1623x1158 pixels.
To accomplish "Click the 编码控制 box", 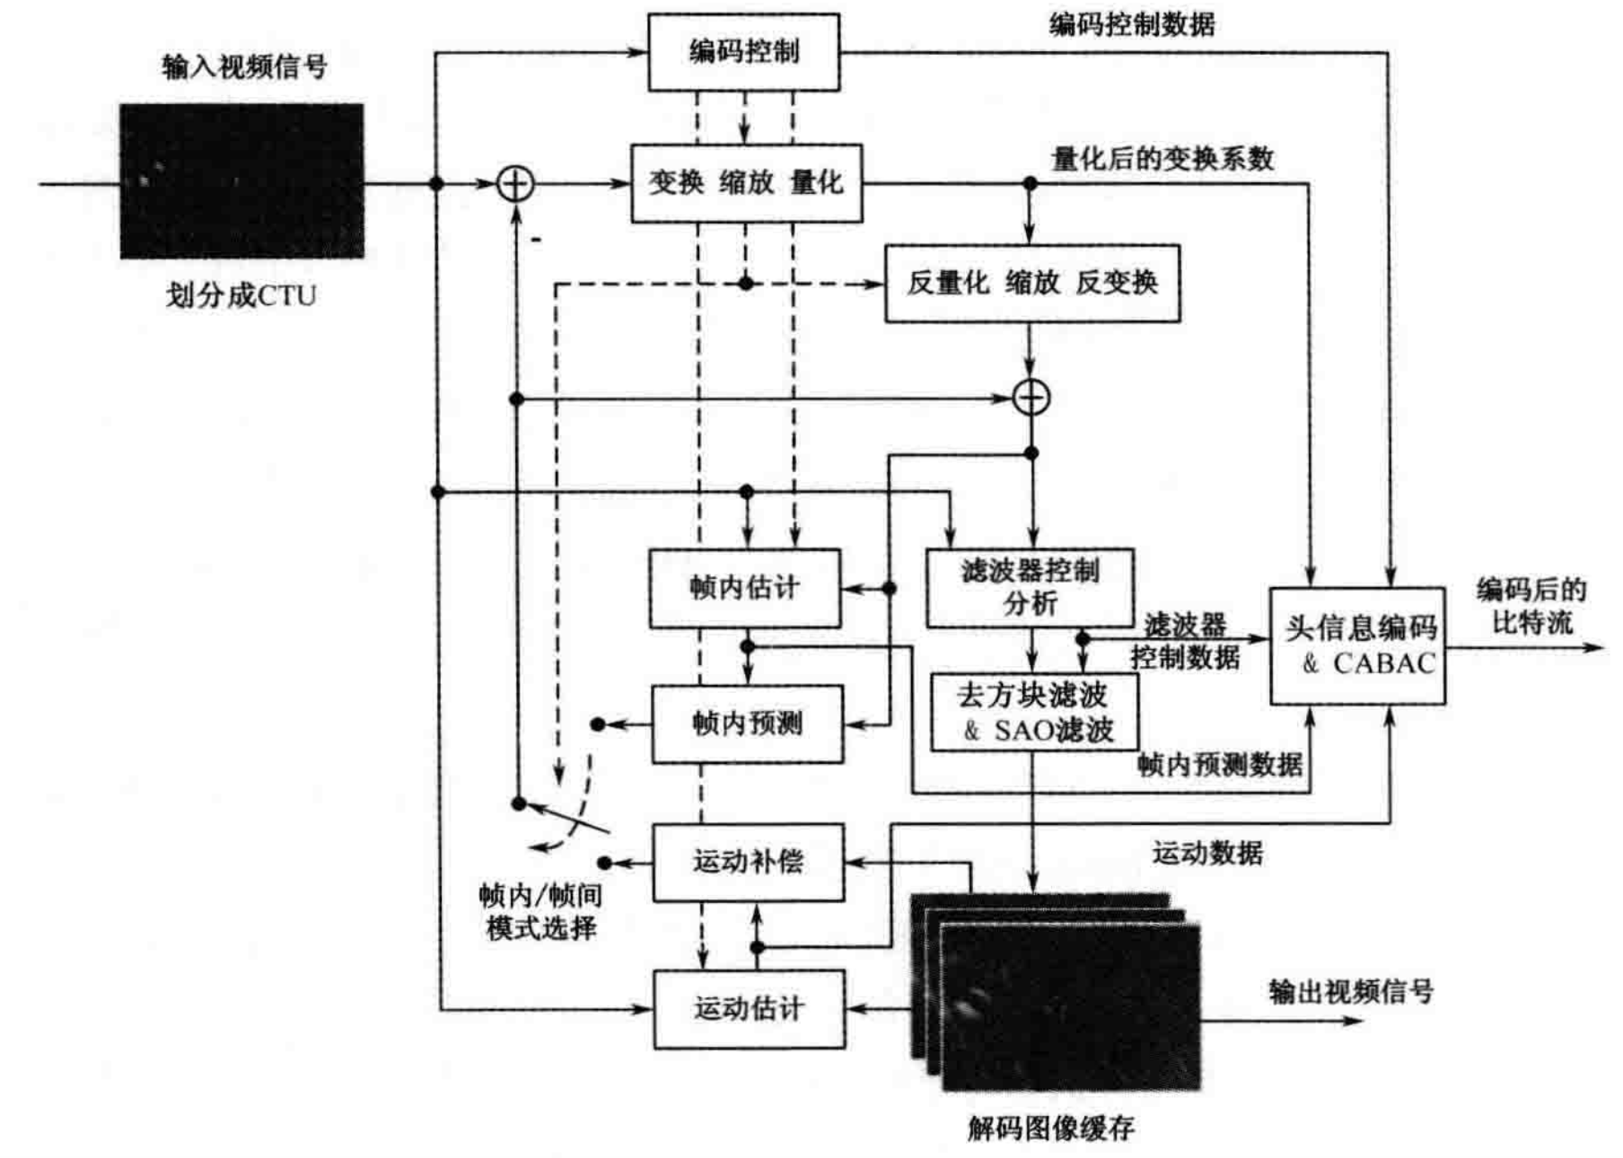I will [743, 52].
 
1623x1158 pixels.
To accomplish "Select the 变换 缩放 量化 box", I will [746, 183].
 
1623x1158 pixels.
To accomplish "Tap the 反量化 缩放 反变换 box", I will [1031, 284].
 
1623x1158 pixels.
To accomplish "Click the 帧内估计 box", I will [744, 588].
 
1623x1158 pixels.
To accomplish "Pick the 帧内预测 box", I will [747, 724].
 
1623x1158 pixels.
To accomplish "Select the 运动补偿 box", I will [748, 863].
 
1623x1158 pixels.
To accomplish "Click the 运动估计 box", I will [749, 1009].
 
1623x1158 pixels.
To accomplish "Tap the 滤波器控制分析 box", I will [1030, 588].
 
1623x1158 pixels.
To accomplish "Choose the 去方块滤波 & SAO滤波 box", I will [1033, 713].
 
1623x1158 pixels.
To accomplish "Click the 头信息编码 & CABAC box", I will [1356, 646].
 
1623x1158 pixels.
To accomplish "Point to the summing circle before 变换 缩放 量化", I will [515, 184].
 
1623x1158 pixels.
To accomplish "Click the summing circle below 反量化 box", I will [1031, 397].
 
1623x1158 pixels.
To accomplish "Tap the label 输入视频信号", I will [244, 66].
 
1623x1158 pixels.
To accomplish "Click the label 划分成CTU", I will [241, 295].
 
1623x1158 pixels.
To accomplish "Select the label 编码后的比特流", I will [1531, 606].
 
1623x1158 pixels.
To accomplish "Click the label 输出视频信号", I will [1350, 992].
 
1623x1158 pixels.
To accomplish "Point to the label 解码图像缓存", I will [1050, 1127].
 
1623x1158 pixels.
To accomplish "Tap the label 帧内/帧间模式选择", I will [540, 911].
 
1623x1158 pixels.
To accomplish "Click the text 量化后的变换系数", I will [1162, 159].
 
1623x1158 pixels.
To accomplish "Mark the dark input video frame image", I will [241, 181].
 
